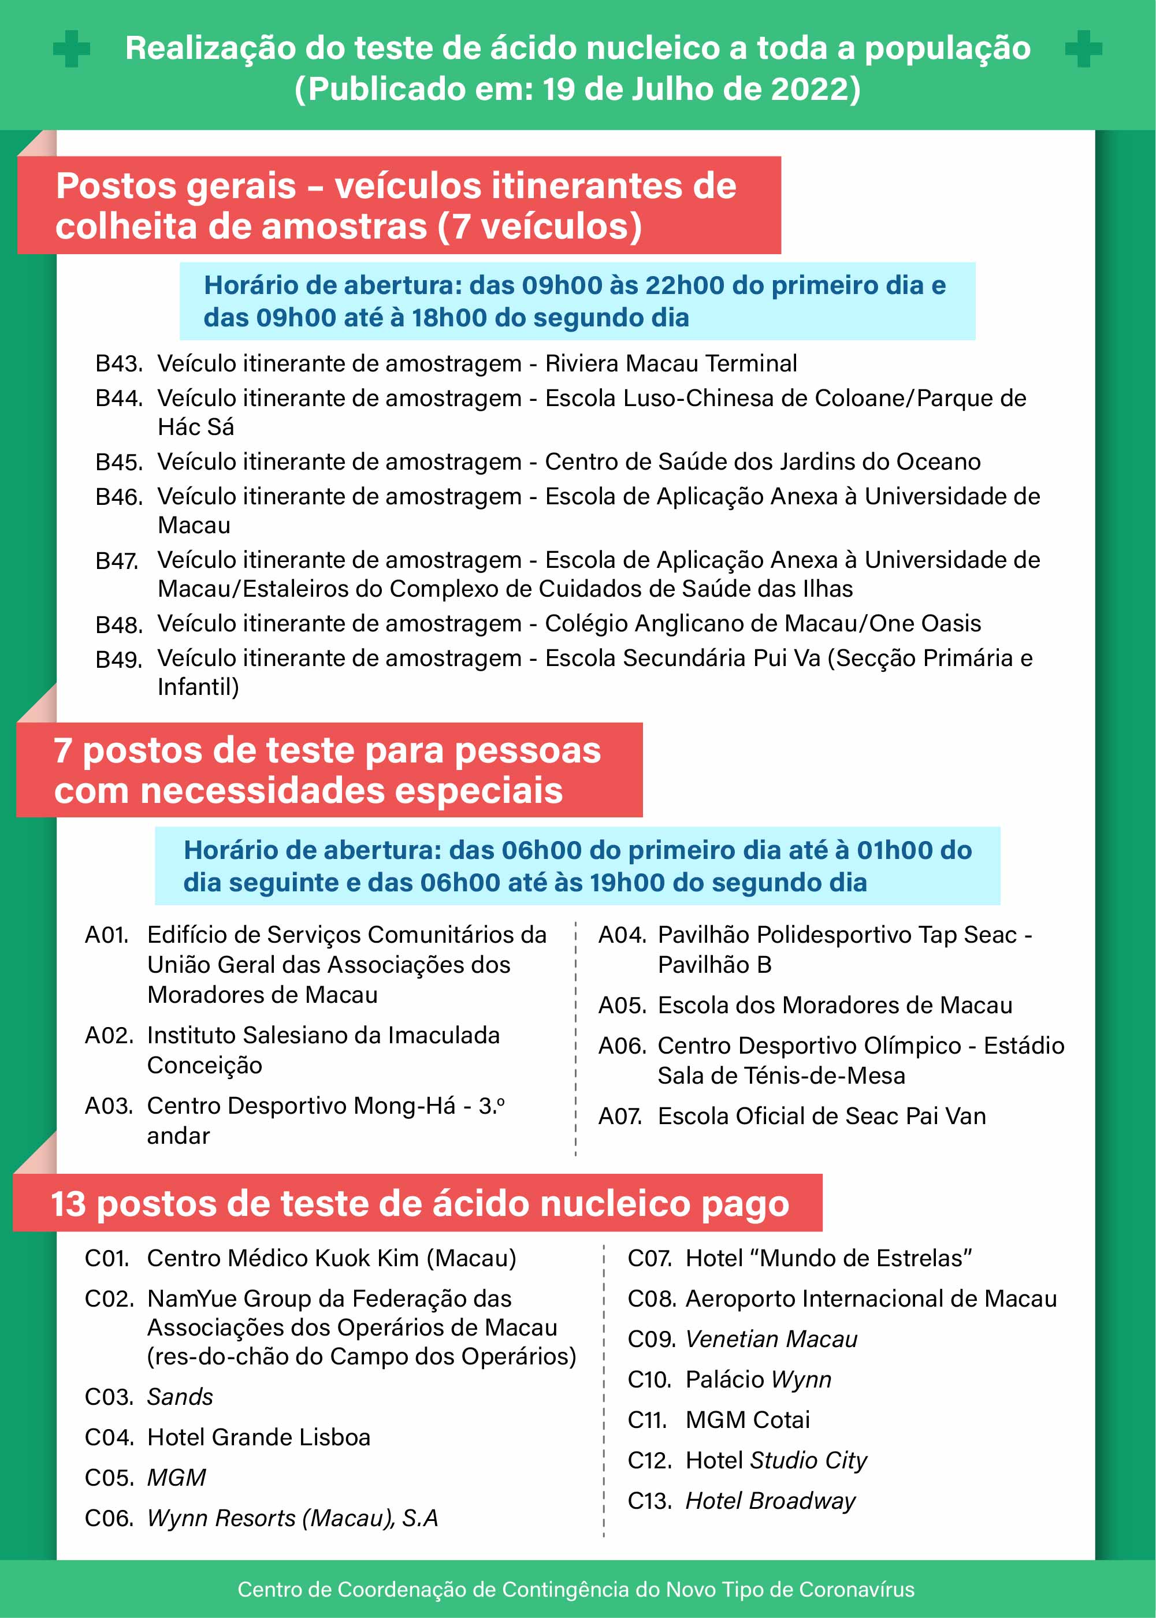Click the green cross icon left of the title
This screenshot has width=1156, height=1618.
(71, 49)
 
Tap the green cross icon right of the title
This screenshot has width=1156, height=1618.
(1083, 49)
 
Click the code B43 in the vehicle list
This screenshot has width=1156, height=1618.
(119, 364)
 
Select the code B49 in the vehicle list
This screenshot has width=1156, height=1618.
(119, 659)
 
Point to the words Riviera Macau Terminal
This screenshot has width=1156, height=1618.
(671, 364)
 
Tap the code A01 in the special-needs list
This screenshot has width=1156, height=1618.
(107, 935)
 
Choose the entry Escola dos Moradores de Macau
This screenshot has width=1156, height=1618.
(834, 1005)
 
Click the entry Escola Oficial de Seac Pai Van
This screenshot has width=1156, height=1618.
(822, 1116)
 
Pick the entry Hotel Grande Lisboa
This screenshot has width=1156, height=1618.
(258, 1437)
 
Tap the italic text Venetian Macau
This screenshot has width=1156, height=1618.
(771, 1339)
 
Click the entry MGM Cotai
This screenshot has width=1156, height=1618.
(748, 1419)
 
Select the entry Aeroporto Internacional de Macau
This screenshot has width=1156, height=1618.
(871, 1299)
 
